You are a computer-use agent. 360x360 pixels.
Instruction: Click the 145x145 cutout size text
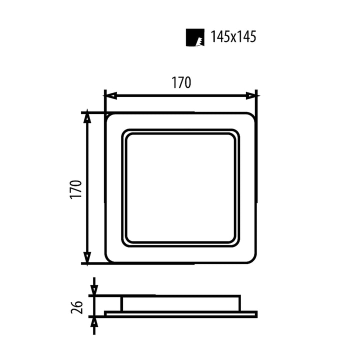click(233, 36)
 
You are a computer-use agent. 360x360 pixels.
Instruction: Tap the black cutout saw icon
click(195, 37)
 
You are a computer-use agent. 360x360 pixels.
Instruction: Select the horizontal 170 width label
click(181, 83)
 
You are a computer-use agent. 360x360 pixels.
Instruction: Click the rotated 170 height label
click(75, 189)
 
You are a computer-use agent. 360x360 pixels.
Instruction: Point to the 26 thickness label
click(76, 306)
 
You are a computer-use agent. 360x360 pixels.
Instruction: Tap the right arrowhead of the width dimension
click(251, 95)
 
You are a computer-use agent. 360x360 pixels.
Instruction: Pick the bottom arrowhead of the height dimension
click(87, 258)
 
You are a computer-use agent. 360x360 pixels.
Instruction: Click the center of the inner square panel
click(180, 188)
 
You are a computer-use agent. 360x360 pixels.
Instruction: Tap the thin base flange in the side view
click(180, 314)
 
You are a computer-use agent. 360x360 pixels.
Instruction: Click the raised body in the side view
click(180, 303)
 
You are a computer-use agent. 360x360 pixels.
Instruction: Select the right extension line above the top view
click(256, 100)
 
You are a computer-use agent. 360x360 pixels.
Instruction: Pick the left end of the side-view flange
click(106, 314)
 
